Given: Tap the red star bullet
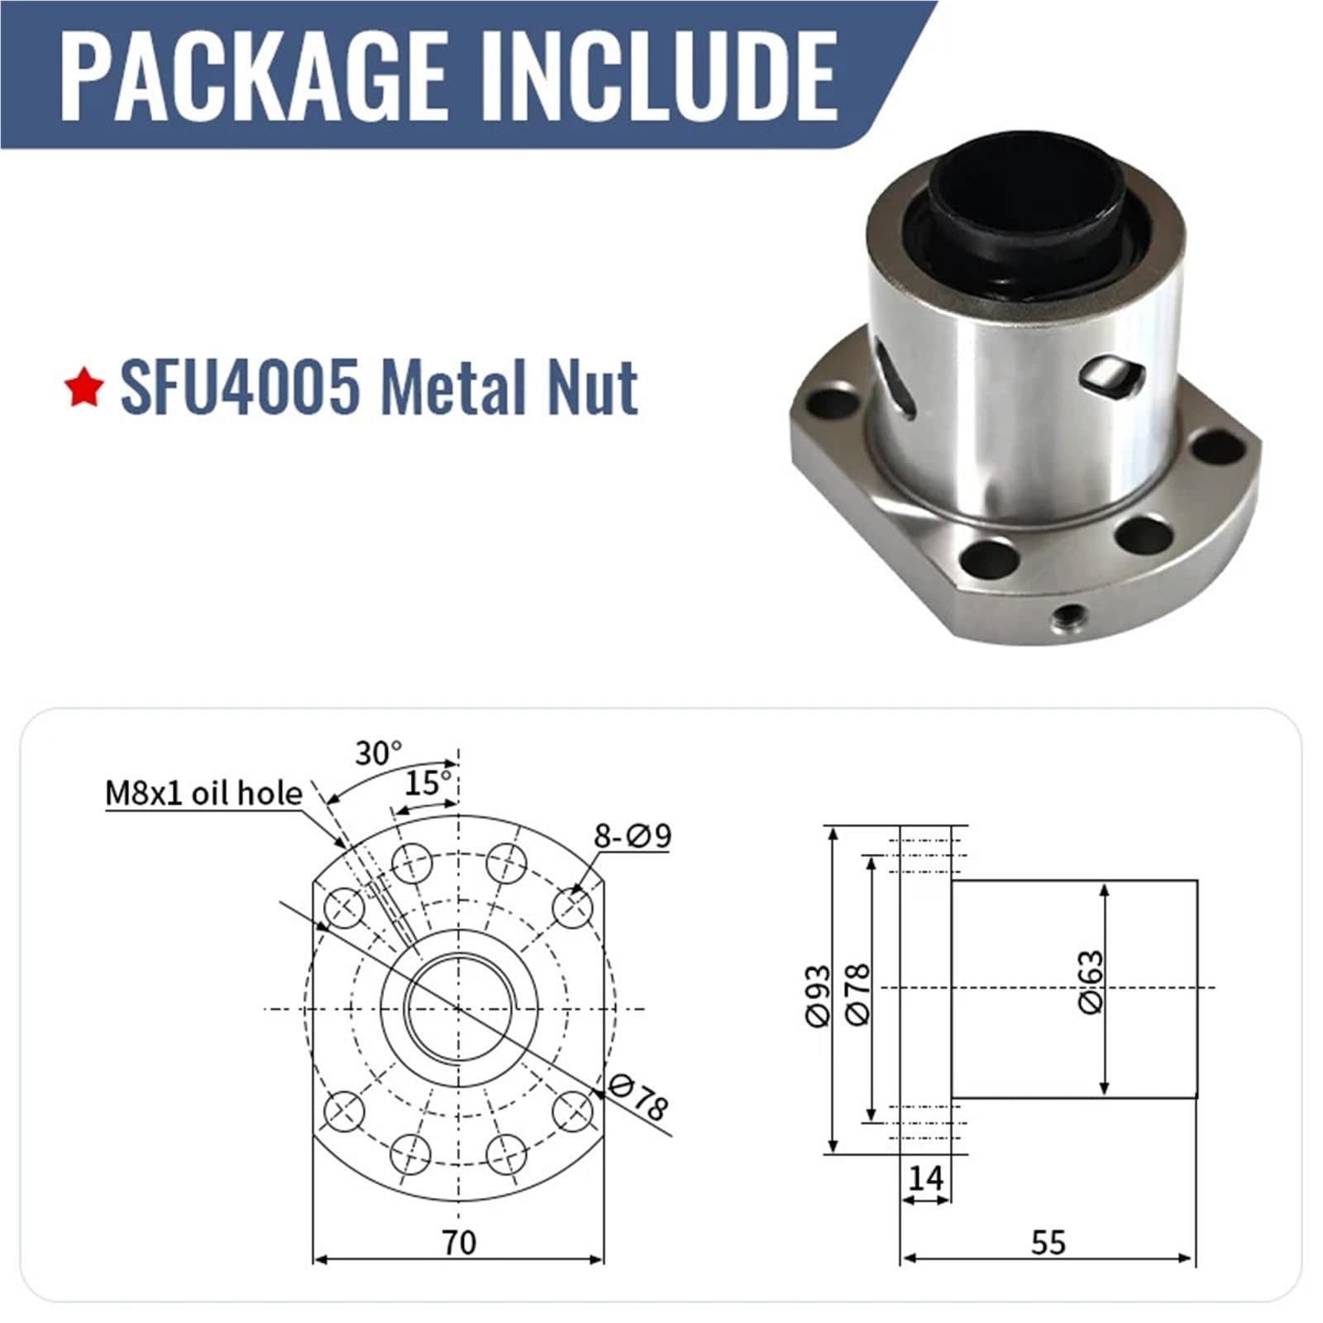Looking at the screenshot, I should tap(84, 389).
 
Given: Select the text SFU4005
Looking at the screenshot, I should tap(240, 387).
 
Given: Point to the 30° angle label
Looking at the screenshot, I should tap(377, 753).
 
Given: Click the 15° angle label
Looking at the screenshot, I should tap(427, 782).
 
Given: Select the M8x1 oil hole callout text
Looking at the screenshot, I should tap(203, 794).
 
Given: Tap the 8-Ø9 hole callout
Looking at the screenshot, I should tap(633, 836).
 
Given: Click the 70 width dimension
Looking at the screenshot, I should tap(459, 1243).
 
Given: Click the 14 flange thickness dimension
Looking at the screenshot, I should tap(924, 1178).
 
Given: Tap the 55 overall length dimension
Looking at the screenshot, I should tap(1048, 1243).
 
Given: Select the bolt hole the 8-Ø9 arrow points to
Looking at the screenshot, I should tap(572, 908).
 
